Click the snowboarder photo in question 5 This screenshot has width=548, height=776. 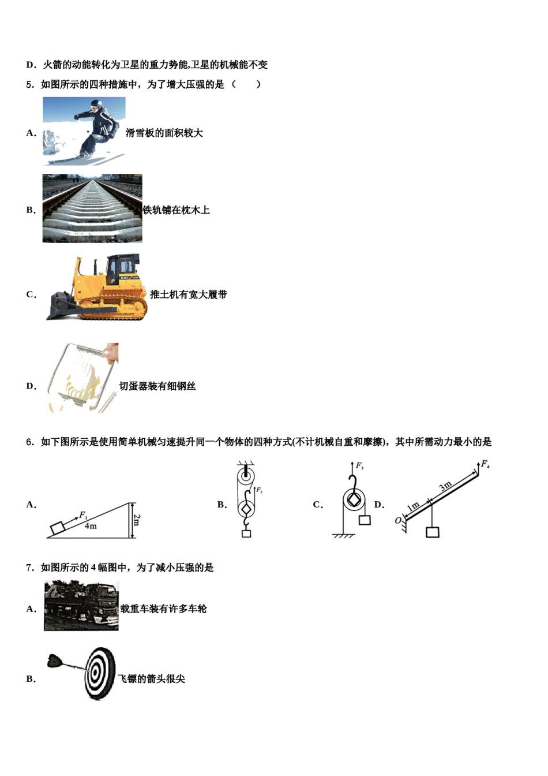tap(84, 131)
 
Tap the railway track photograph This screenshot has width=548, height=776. tap(92, 208)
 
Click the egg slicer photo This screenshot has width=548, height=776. tap(84, 378)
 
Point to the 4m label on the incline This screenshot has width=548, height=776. tap(91, 526)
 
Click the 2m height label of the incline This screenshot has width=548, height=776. tap(137, 520)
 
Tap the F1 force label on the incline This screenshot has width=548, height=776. tap(83, 514)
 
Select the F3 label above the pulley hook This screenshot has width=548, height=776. tap(359, 465)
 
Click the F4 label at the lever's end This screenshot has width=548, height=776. tap(485, 464)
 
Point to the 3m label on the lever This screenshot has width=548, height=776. tap(445, 486)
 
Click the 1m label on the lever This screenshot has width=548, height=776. tap(413, 506)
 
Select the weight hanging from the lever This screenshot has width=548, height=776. tap(432, 532)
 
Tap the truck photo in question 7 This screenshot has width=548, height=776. tap(81, 606)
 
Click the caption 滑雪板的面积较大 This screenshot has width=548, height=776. tap(164, 133)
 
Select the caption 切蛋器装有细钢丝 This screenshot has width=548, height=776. tap(157, 386)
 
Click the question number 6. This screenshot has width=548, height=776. tap(30, 442)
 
